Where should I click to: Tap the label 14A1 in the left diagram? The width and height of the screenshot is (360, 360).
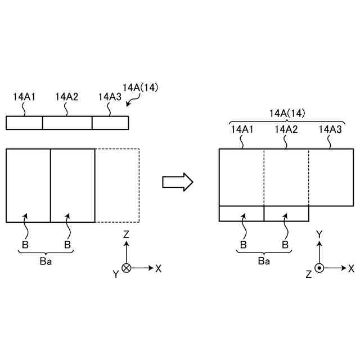click(x=24, y=97)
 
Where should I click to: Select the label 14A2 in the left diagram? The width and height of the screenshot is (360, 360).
click(x=66, y=97)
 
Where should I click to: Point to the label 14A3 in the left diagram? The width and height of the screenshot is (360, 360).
click(x=109, y=97)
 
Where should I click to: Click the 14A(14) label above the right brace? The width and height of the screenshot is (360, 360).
click(x=287, y=114)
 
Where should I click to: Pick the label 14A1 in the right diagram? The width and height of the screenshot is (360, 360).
click(x=242, y=130)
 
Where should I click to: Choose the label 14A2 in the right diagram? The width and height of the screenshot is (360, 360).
click(x=286, y=130)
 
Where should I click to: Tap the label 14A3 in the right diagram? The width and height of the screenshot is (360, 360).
click(x=330, y=130)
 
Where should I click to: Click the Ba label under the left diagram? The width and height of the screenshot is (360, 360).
click(x=46, y=262)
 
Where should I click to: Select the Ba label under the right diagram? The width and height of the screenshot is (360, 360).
click(x=264, y=261)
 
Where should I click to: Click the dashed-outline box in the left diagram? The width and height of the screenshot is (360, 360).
click(x=117, y=185)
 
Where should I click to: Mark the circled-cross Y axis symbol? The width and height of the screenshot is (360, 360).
click(x=127, y=268)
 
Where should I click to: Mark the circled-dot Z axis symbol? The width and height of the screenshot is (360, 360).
click(x=319, y=268)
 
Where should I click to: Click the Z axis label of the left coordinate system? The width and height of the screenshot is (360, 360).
click(x=127, y=233)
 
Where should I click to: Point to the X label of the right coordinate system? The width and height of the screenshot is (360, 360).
click(x=350, y=268)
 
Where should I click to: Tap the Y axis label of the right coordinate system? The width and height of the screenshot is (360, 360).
click(x=319, y=233)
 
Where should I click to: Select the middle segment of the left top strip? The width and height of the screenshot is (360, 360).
click(x=67, y=123)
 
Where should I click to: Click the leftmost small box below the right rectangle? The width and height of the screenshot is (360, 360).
click(x=241, y=214)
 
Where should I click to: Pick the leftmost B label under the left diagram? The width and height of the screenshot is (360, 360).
click(x=25, y=245)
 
